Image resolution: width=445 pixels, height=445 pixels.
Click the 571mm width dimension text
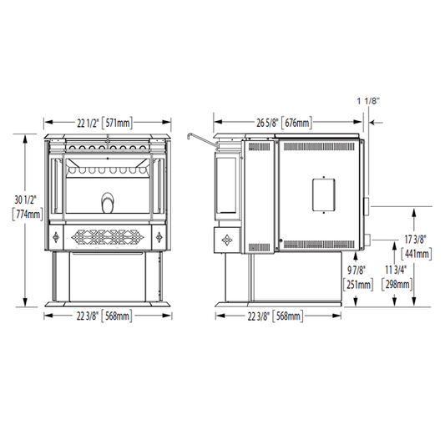tap(117, 123)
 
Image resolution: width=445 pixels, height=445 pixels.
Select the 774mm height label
tap(28, 215)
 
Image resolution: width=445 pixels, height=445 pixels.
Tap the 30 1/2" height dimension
tap(26, 200)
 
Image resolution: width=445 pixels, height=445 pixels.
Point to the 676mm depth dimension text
tap(297, 123)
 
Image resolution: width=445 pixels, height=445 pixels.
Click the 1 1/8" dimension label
tap(368, 101)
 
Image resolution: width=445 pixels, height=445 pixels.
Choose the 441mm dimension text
tap(417, 254)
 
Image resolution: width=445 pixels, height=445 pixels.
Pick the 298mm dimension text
tap(397, 284)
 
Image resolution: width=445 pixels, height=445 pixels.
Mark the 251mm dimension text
tap(358, 284)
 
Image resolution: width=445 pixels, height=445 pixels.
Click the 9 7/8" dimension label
tap(357, 271)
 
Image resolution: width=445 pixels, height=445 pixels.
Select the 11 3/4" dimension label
tap(396, 271)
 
